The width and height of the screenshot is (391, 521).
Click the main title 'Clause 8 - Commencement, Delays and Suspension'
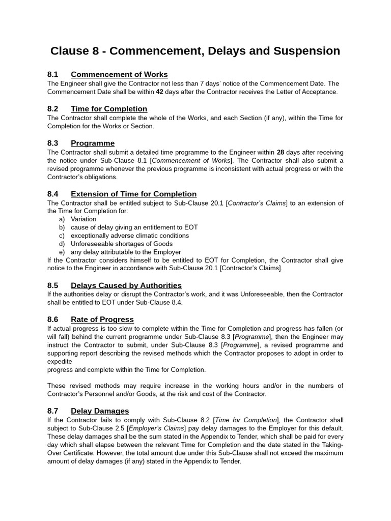195,51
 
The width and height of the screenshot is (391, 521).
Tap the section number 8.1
53,74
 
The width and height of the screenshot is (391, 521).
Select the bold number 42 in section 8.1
159,92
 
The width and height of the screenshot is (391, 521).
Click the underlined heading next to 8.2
109,109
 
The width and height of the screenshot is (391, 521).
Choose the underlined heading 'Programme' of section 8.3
93,143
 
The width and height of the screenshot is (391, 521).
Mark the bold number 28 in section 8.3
280,152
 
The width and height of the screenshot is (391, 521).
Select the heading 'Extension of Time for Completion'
133,194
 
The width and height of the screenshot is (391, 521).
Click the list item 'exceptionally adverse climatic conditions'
129,236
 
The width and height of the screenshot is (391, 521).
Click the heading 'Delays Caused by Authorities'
126,285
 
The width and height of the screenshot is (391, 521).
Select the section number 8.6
53,320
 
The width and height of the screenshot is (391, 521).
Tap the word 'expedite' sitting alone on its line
60,361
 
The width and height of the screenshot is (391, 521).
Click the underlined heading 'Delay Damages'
100,411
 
